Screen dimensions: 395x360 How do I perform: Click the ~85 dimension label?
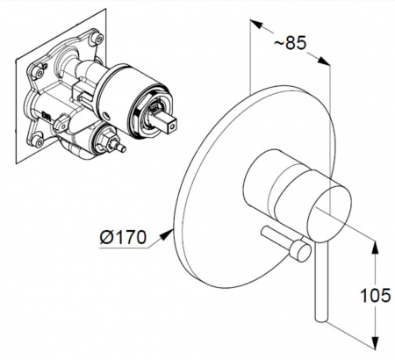point(290,43)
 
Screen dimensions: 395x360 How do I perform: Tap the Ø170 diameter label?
point(123,237)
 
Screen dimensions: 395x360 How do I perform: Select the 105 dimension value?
point(375,295)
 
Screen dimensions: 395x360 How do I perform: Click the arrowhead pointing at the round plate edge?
point(167,234)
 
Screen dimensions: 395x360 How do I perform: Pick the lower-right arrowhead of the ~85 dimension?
point(324,61)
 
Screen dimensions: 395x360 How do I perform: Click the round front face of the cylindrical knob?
point(329,211)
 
